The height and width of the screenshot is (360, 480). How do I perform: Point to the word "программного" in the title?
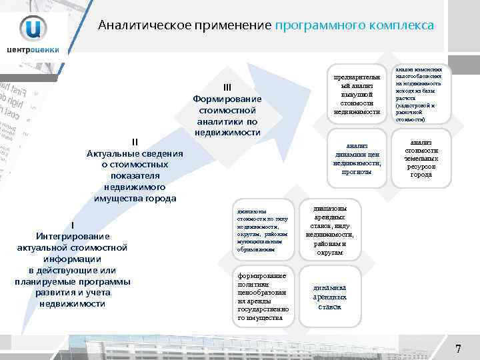pos(317,25)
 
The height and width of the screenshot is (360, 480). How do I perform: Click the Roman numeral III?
pos(227,87)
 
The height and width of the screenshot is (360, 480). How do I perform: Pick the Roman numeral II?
pos(135,141)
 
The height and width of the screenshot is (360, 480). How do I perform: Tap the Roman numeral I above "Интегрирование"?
pos(72,225)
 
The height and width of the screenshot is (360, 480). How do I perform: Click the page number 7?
pos(458,349)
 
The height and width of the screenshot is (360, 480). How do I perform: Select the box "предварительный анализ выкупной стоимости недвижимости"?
pos(361,95)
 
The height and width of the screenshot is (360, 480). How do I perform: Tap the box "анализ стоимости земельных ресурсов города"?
pos(421,158)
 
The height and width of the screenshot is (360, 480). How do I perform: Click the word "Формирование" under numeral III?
pos(227,99)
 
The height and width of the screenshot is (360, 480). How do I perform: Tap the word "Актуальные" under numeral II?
pos(113,153)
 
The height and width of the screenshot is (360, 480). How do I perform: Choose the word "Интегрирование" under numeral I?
pos(72,236)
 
